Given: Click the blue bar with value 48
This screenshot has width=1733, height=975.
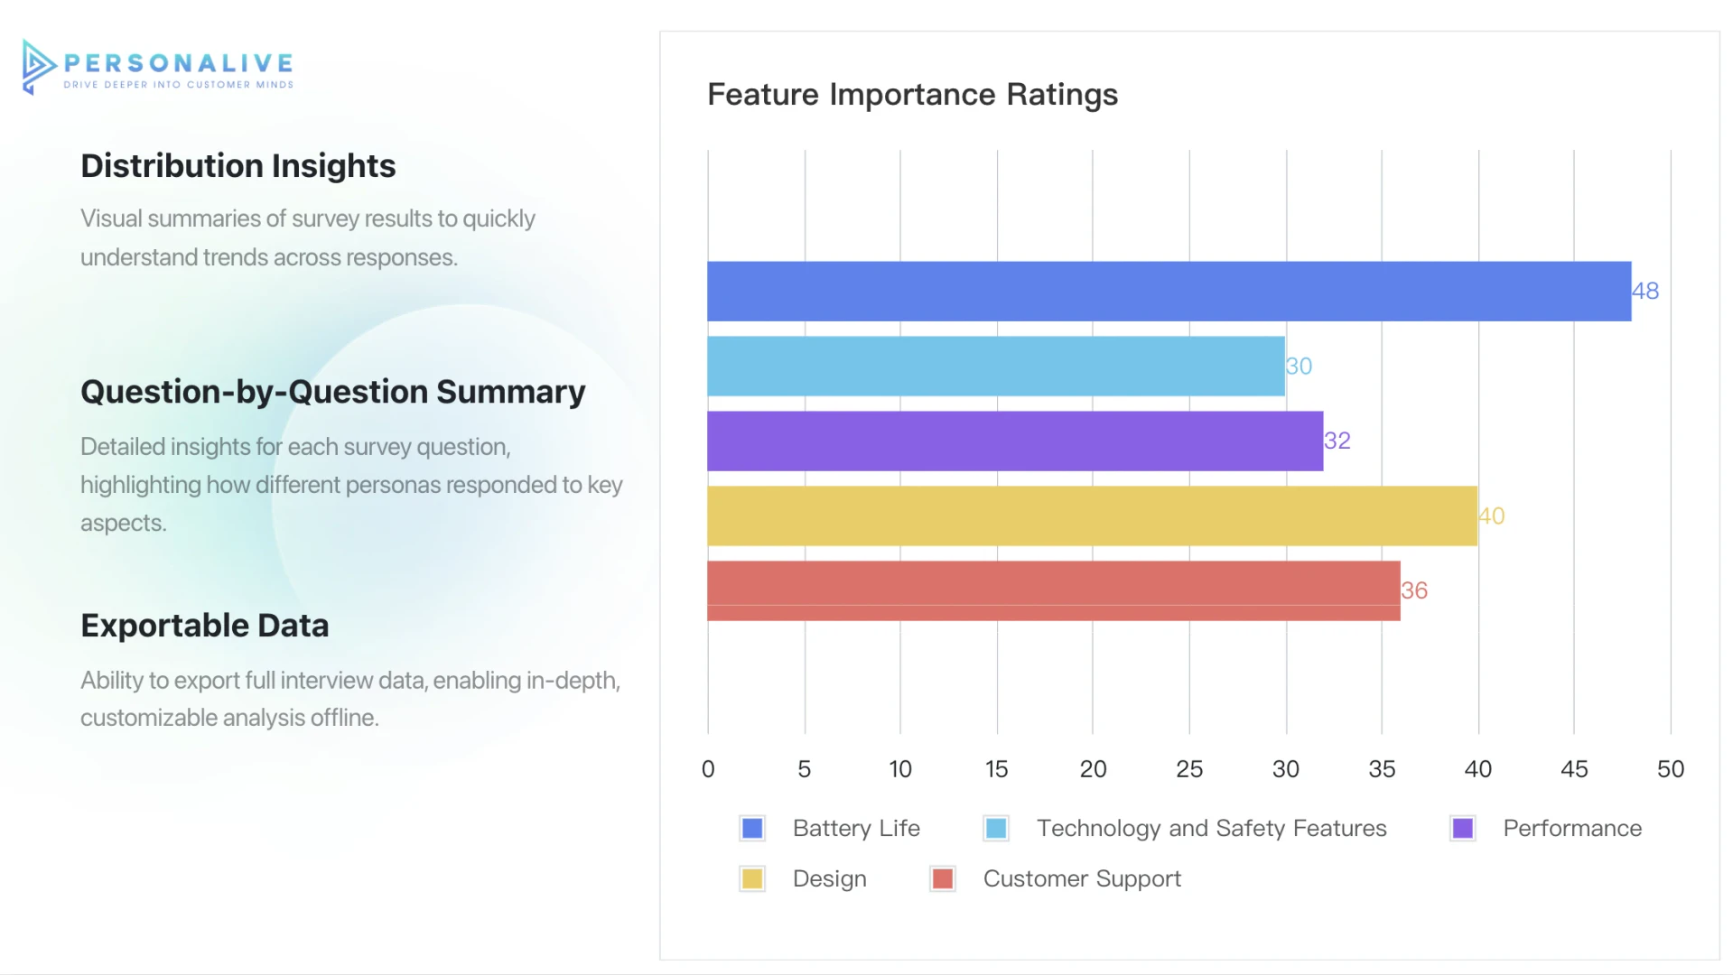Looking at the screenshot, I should pyautogui.click(x=1169, y=292).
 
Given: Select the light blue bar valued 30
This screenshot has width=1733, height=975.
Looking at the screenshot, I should pyautogui.click(x=995, y=367).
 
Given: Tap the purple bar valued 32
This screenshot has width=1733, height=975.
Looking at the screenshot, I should pyautogui.click(x=1014, y=441).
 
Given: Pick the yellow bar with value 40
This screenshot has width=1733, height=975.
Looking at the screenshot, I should pyautogui.click(x=1092, y=516).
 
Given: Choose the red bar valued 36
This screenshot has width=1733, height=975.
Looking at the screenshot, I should pyautogui.click(x=1053, y=591).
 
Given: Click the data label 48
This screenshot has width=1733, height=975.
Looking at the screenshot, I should pyautogui.click(x=1645, y=292).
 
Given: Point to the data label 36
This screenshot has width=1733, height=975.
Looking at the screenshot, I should pyautogui.click(x=1414, y=591).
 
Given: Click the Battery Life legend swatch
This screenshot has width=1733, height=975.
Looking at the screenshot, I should pyautogui.click(x=752, y=829).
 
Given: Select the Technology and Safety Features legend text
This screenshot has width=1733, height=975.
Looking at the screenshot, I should pyautogui.click(x=1211, y=829).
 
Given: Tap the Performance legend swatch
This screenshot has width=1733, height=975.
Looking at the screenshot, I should pyautogui.click(x=1463, y=829).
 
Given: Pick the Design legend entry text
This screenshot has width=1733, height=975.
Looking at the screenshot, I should pyautogui.click(x=829, y=879).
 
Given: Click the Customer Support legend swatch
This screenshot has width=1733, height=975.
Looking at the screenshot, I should pyautogui.click(x=943, y=879).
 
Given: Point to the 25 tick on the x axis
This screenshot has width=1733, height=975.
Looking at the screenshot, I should pyautogui.click(x=1189, y=769).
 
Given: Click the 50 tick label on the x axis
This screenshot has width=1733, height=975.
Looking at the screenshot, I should pyautogui.click(x=1670, y=769).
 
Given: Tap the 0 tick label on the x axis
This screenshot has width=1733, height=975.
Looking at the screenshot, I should pyautogui.click(x=708, y=769).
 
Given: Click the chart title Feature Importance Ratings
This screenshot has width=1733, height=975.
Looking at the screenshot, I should pyautogui.click(x=912, y=95).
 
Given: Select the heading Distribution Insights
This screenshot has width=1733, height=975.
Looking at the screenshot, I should pyautogui.click(x=238, y=166).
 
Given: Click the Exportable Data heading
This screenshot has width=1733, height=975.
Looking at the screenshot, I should pyautogui.click(x=204, y=626).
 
